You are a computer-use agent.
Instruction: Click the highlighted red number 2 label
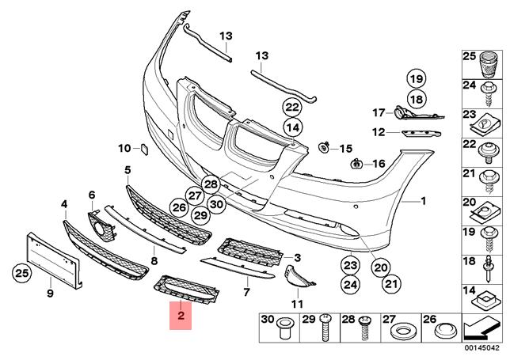coord(181,318)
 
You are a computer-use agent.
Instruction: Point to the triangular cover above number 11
coord(295,275)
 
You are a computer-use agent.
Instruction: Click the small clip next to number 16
coord(357,164)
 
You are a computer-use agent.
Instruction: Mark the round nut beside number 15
coord(325,148)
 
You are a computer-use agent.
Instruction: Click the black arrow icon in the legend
coord(481,324)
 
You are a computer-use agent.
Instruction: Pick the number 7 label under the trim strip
coord(246,291)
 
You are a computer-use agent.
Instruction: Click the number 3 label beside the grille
coord(298,258)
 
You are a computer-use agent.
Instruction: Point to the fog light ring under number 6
coord(101,229)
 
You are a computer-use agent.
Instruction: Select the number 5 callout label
coord(127,170)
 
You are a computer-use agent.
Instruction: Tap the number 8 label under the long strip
coord(154,260)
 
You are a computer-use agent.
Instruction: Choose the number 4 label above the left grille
coord(63,205)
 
